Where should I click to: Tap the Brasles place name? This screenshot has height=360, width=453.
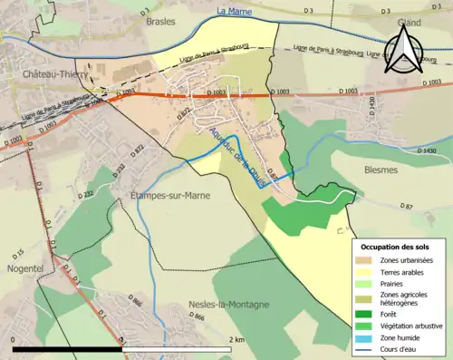(x=160, y=21)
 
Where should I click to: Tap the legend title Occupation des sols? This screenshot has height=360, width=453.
(x=395, y=247)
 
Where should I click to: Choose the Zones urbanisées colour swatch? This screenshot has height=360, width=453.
(x=367, y=261)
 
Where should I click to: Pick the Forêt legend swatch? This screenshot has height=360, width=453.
(x=367, y=314)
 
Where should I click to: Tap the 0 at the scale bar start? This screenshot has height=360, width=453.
(x=13, y=339)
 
